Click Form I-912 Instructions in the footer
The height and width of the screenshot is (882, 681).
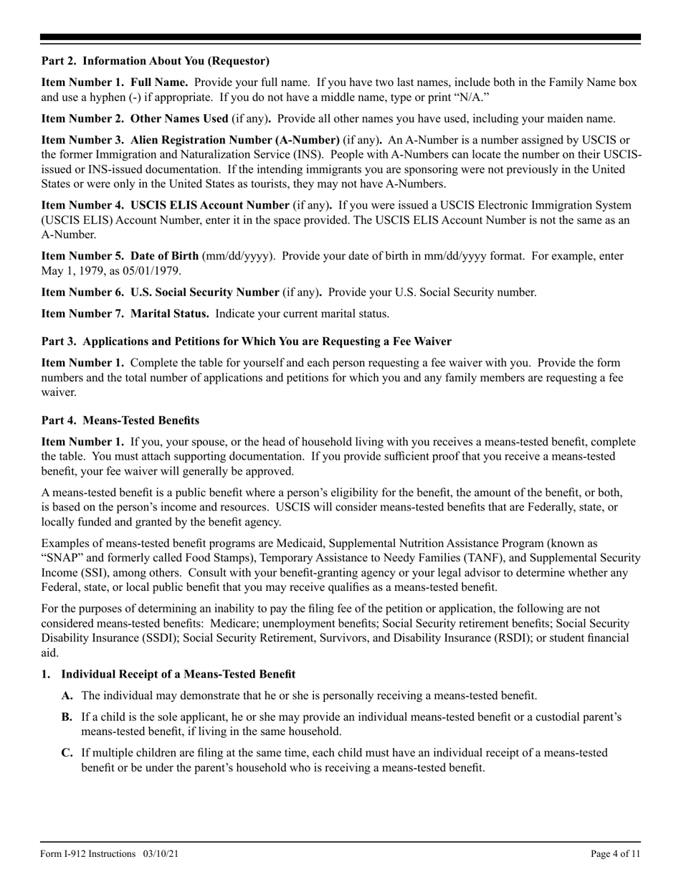point(88,853)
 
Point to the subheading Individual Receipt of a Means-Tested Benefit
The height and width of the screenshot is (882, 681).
point(178,674)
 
